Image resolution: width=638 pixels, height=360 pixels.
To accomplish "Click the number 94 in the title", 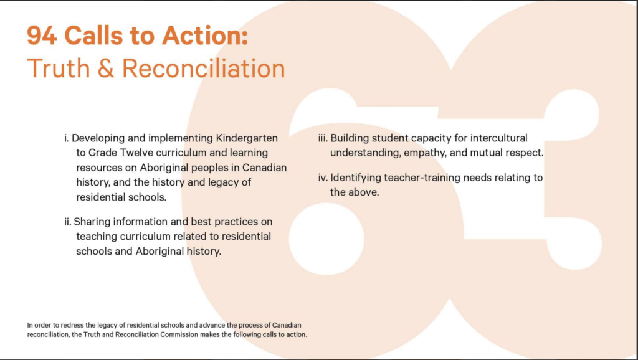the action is click(x=42, y=36).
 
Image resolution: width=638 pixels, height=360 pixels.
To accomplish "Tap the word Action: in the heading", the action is click(x=204, y=36).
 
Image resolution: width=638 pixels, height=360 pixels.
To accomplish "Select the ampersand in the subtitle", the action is click(x=106, y=68).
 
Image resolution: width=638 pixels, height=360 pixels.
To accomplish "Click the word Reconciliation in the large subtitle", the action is click(x=204, y=68).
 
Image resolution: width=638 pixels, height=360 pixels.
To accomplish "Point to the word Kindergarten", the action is click(x=247, y=138).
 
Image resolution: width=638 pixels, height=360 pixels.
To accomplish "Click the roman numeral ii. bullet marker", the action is click(x=67, y=222).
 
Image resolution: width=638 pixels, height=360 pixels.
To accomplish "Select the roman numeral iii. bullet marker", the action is click(x=323, y=138).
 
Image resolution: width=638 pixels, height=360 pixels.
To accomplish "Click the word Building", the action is click(x=350, y=138).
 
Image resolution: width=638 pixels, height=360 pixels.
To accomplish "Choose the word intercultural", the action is click(x=499, y=138).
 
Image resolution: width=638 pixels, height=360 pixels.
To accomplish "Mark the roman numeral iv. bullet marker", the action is click(x=323, y=178).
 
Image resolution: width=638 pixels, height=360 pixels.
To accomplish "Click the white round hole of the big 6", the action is click(x=326, y=239).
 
